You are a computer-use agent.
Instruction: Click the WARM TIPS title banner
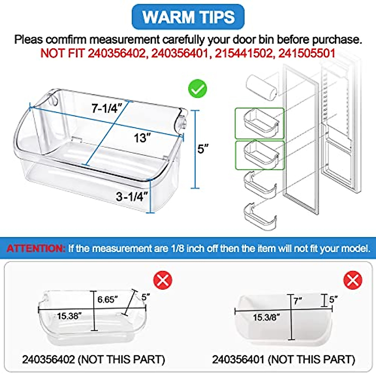[188, 17]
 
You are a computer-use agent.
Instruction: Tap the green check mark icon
[197, 89]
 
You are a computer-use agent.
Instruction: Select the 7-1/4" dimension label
[106, 108]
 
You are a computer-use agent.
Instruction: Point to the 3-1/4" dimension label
[132, 197]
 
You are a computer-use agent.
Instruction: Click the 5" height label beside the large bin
[203, 149]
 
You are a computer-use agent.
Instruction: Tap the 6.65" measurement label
[107, 300]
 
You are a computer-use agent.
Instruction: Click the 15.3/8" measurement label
[266, 317]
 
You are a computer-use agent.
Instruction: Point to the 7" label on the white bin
[298, 301]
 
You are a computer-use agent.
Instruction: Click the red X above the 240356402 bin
[163, 280]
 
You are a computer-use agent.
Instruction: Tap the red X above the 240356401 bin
[353, 280]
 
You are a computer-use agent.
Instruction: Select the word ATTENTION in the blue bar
[35, 248]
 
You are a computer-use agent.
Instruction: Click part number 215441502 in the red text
[243, 53]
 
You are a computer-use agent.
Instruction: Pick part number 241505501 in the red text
[307, 53]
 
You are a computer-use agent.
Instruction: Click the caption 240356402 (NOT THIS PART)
[93, 359]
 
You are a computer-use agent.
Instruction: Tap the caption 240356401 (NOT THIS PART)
[284, 359]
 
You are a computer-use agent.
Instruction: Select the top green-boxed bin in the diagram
[259, 123]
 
